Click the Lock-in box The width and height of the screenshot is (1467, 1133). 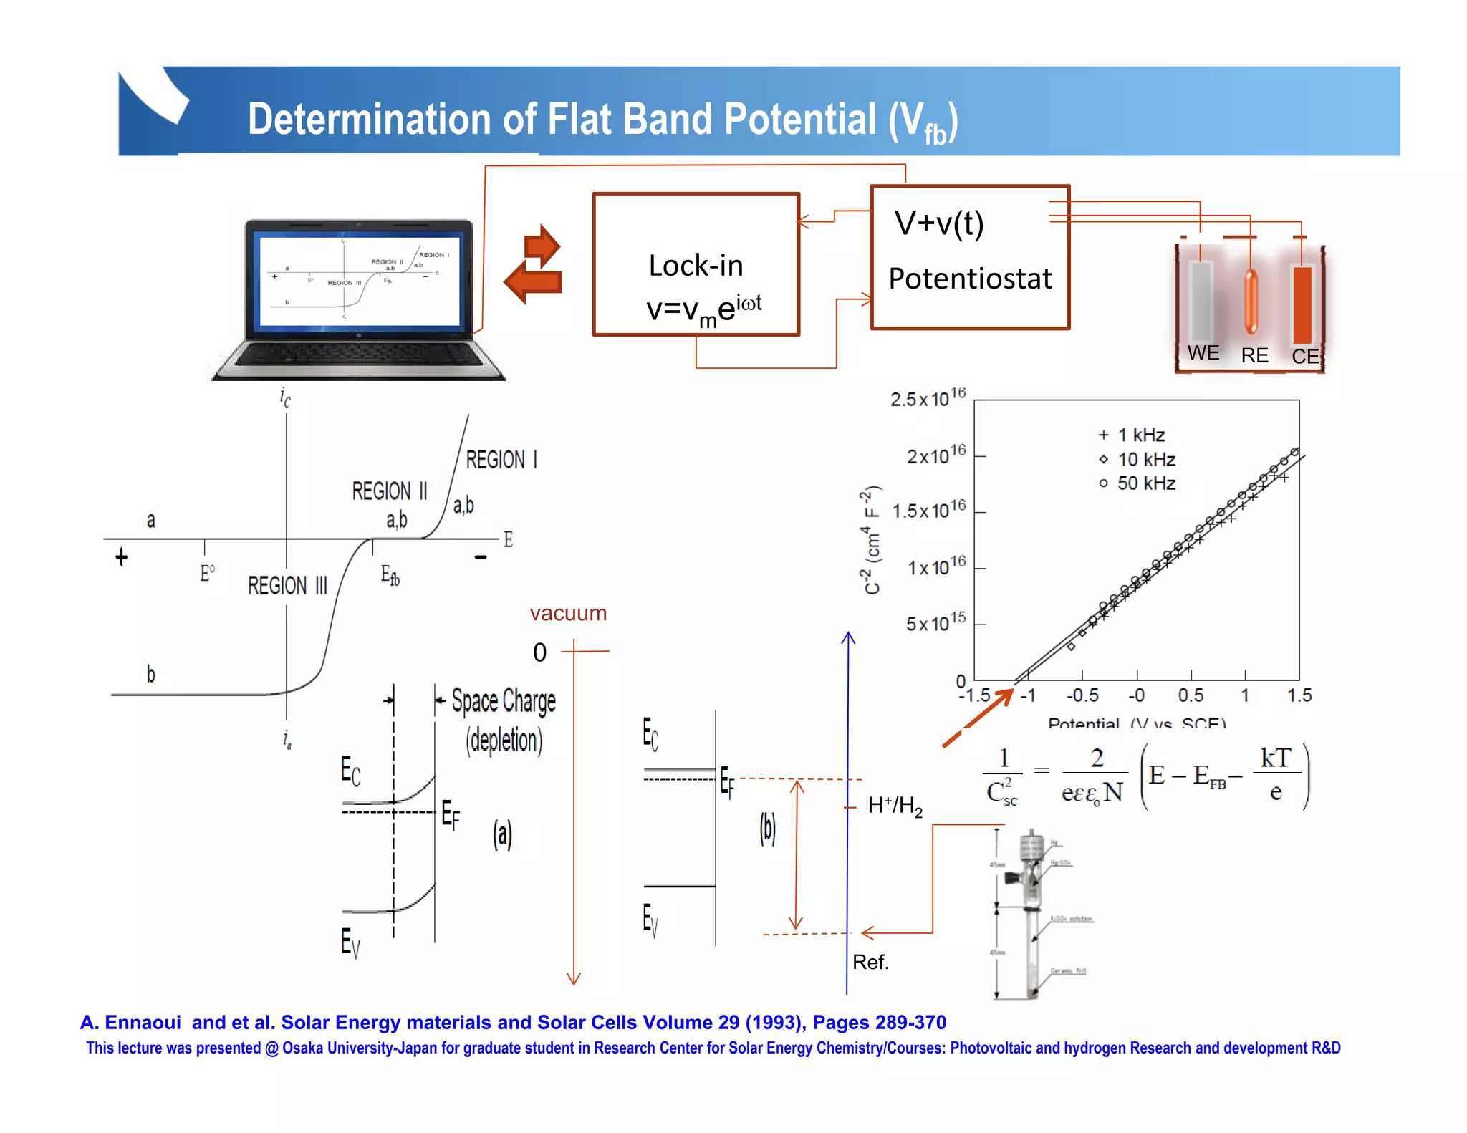coord(696,264)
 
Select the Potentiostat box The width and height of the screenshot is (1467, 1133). coord(970,258)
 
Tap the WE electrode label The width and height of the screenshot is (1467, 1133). coord(1203,353)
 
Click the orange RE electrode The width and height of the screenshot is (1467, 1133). coord(1251,302)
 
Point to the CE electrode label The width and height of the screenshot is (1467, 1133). coord(1305,356)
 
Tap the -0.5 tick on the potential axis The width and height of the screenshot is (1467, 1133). coord(1082,695)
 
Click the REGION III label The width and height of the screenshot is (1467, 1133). coord(287,586)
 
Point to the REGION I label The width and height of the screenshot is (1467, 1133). coord(501,459)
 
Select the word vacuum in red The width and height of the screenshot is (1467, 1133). coord(568,614)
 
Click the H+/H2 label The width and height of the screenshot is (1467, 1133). coord(895,806)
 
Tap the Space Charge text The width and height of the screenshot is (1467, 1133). coord(504,701)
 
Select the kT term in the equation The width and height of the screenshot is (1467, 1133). coord(1276,758)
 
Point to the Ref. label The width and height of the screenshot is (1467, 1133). coord(870,962)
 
